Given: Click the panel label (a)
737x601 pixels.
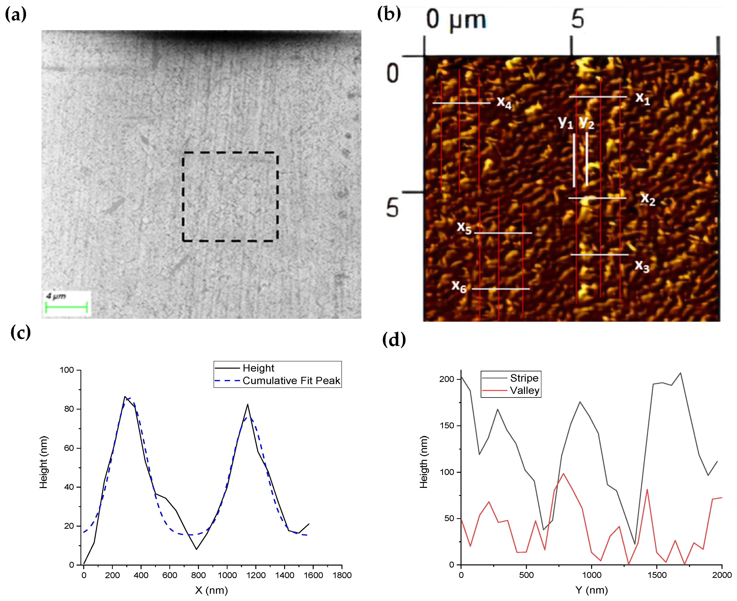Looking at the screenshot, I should point(16,14).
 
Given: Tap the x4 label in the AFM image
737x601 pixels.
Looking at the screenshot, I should point(504,102).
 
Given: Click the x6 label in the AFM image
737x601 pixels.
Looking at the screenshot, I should point(459,286).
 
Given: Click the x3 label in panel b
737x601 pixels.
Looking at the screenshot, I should point(642,266).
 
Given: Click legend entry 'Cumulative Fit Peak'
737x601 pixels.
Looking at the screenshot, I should point(291,381).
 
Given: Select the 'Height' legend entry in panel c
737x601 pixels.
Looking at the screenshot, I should point(258,368).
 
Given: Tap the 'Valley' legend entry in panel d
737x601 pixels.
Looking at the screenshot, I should point(524,391).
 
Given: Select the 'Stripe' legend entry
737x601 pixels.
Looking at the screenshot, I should point(524,378).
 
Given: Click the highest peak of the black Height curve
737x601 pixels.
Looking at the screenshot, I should point(125,397).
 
